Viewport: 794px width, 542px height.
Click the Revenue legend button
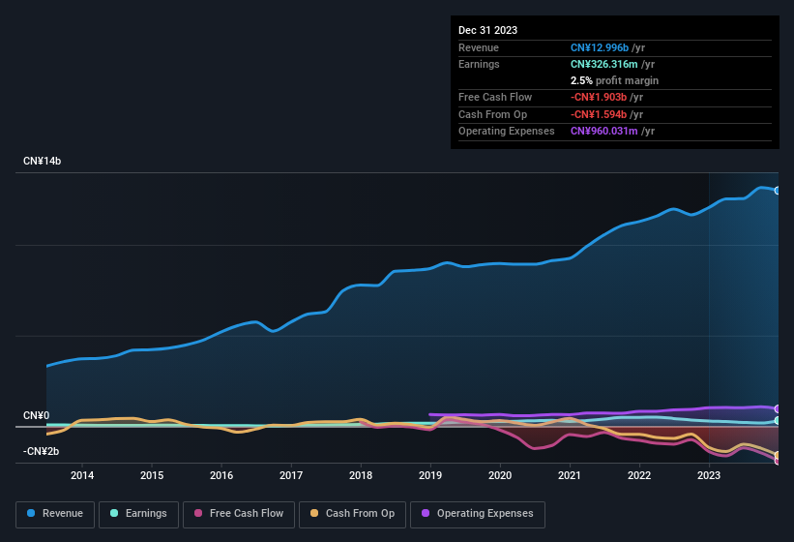point(54,514)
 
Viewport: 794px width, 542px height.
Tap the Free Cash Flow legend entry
point(240,514)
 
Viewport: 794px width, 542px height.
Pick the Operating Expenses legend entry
point(477,514)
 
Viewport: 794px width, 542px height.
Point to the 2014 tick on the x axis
point(82,475)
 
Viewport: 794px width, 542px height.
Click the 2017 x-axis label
point(291,475)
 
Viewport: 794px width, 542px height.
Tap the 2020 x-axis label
point(500,475)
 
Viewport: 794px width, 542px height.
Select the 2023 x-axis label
point(709,475)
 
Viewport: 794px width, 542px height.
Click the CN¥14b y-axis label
point(43,161)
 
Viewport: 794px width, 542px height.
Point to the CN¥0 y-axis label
point(37,415)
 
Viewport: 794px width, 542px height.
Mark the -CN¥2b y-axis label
point(42,451)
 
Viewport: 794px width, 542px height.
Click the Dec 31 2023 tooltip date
point(487,30)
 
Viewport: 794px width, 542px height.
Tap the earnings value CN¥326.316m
point(611,64)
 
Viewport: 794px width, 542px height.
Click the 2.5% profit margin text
point(614,80)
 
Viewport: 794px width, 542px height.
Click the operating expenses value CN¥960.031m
point(611,131)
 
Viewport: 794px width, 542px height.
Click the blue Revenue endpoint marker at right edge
point(778,191)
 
